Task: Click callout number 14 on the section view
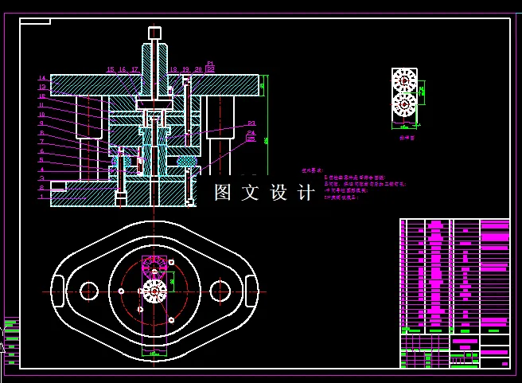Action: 42,78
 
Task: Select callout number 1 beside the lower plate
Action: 42,197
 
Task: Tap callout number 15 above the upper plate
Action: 111,70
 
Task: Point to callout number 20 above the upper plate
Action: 198,70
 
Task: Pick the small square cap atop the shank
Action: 154,33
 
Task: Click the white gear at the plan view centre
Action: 154,292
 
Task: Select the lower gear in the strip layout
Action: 404,104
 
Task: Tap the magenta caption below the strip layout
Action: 407,137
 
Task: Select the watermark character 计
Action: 305,193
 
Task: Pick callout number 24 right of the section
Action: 251,133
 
